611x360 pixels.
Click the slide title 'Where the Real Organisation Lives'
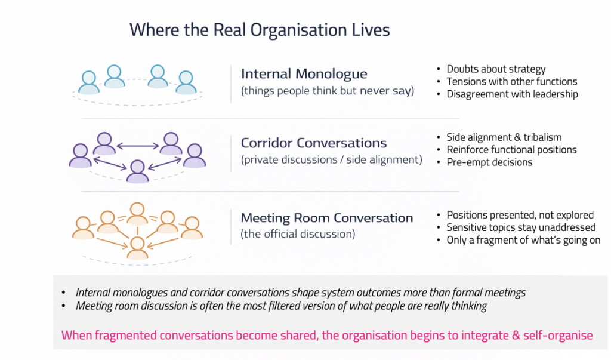click(x=260, y=30)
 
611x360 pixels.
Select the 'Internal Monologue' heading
click(x=304, y=74)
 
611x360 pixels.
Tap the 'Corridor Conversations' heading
click(x=313, y=143)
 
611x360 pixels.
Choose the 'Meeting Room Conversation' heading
click(x=326, y=218)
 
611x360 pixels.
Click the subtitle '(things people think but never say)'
click(x=327, y=91)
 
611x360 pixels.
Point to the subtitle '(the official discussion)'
click(x=298, y=234)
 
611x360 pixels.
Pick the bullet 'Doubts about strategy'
click(x=496, y=69)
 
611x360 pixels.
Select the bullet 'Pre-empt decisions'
click(x=489, y=162)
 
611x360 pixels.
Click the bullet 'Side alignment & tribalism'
click(x=504, y=137)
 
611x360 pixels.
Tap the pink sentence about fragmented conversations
click(x=327, y=335)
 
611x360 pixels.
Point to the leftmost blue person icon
click(x=89, y=82)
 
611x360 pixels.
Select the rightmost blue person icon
click(x=186, y=82)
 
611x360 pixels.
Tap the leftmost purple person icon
click(x=81, y=156)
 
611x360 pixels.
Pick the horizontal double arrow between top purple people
click(x=137, y=145)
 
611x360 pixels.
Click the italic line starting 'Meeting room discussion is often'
click(x=281, y=306)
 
